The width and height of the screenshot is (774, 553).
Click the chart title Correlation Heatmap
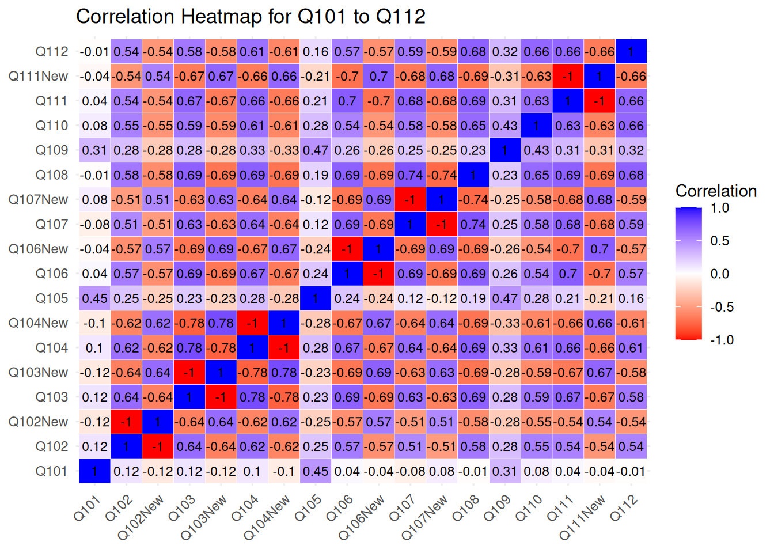pyautogui.click(x=251, y=17)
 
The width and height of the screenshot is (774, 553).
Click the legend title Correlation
pyautogui.click(x=716, y=191)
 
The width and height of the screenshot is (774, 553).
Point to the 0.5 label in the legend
pyautogui.click(x=720, y=241)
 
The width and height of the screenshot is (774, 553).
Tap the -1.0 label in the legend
pyautogui.click(x=722, y=340)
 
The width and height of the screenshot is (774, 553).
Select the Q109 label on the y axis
pyautogui.click(x=52, y=150)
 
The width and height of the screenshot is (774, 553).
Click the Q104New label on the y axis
pyautogui.click(x=38, y=323)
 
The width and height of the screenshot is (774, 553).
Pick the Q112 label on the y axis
pyautogui.click(x=52, y=52)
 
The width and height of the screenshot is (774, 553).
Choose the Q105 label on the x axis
pyautogui.click(x=308, y=508)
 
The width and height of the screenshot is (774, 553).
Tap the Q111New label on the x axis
pyautogui.click(x=583, y=517)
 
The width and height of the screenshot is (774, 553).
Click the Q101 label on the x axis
pyautogui.click(x=88, y=508)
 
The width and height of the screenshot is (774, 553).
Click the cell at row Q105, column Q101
pyautogui.click(x=94, y=298)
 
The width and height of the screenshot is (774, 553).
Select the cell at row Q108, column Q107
pyautogui.click(x=410, y=175)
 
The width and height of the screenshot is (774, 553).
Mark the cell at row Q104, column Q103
pyautogui.click(x=189, y=348)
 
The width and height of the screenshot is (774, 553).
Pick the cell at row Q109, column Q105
pyautogui.click(x=316, y=150)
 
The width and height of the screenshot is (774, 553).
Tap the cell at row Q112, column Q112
pyautogui.click(x=631, y=52)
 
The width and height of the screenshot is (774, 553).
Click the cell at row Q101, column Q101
pyautogui.click(x=94, y=471)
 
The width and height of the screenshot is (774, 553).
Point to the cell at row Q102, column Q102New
pyautogui.click(x=158, y=446)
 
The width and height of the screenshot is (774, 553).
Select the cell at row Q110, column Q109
pyautogui.click(x=504, y=126)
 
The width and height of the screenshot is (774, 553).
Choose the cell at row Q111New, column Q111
pyautogui.click(x=568, y=77)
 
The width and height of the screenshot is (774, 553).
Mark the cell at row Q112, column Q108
pyautogui.click(x=473, y=52)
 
